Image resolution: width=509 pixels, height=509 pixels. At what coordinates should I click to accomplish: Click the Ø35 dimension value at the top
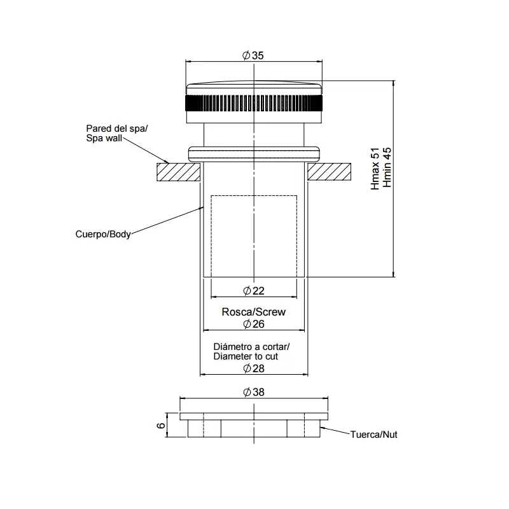[x=253, y=55]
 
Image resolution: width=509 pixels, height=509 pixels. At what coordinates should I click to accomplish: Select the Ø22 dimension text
[x=253, y=291]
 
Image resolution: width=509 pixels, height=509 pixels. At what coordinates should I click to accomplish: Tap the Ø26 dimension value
[x=253, y=324]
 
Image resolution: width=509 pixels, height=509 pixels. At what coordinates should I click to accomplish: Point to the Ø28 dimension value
[x=253, y=368]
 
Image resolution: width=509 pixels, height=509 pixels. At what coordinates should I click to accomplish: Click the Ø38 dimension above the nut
[x=253, y=393]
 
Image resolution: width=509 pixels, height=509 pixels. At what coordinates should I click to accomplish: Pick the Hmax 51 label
[x=375, y=169]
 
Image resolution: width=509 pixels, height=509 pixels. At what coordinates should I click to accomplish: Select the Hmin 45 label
[x=386, y=169]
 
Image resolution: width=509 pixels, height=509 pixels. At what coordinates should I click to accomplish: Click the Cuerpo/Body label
[x=103, y=234]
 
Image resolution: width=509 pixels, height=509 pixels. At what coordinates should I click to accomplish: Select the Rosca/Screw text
[x=253, y=312]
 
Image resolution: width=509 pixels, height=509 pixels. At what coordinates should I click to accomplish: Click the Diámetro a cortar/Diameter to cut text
[x=251, y=352]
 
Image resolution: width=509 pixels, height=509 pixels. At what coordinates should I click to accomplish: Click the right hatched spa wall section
[x=330, y=171]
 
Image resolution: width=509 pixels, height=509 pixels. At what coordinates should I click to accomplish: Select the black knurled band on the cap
[x=254, y=102]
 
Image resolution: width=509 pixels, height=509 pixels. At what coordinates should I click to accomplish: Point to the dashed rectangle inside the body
[x=253, y=235]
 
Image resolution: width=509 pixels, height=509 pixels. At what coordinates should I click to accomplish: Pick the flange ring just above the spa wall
[x=254, y=153]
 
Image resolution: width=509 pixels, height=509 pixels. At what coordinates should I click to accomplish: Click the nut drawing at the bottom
[x=254, y=425]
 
